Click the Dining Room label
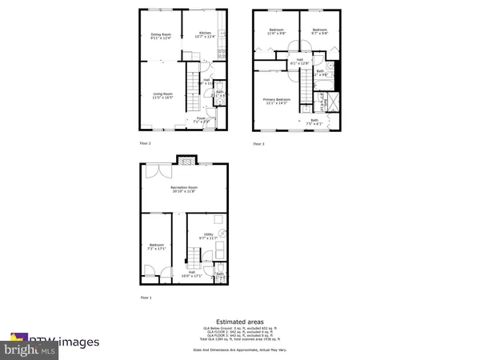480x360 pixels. (162, 36)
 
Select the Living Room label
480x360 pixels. (163, 96)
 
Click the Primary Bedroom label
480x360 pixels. (278, 102)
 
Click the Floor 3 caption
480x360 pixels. (258, 144)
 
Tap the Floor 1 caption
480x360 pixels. (145, 298)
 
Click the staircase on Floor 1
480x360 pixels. (194, 258)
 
